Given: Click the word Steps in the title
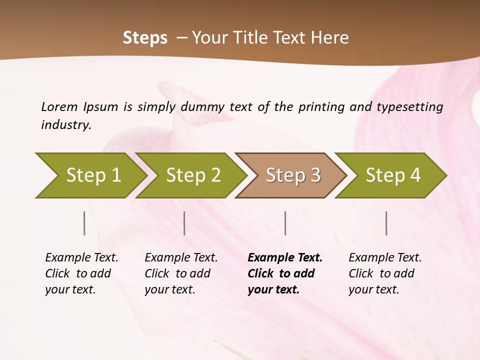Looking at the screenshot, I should (145, 38).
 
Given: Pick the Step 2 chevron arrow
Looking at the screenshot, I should (193, 175).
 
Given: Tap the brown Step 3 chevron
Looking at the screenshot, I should (292, 175).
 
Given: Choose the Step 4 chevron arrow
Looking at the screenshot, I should (392, 175).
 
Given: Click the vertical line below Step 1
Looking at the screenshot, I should (84, 223).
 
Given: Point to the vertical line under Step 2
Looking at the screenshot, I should (184, 223).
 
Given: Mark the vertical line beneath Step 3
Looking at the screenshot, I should (285, 223).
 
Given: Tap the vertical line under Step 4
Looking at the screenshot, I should (386, 223).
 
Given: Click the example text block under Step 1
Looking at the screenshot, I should (81, 273).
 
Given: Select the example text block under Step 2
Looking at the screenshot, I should (181, 273).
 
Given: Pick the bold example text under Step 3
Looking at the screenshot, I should (285, 273).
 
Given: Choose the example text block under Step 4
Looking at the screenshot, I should (385, 273).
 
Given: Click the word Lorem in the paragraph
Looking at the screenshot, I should (59, 106).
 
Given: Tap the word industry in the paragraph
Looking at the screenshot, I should (65, 124).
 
